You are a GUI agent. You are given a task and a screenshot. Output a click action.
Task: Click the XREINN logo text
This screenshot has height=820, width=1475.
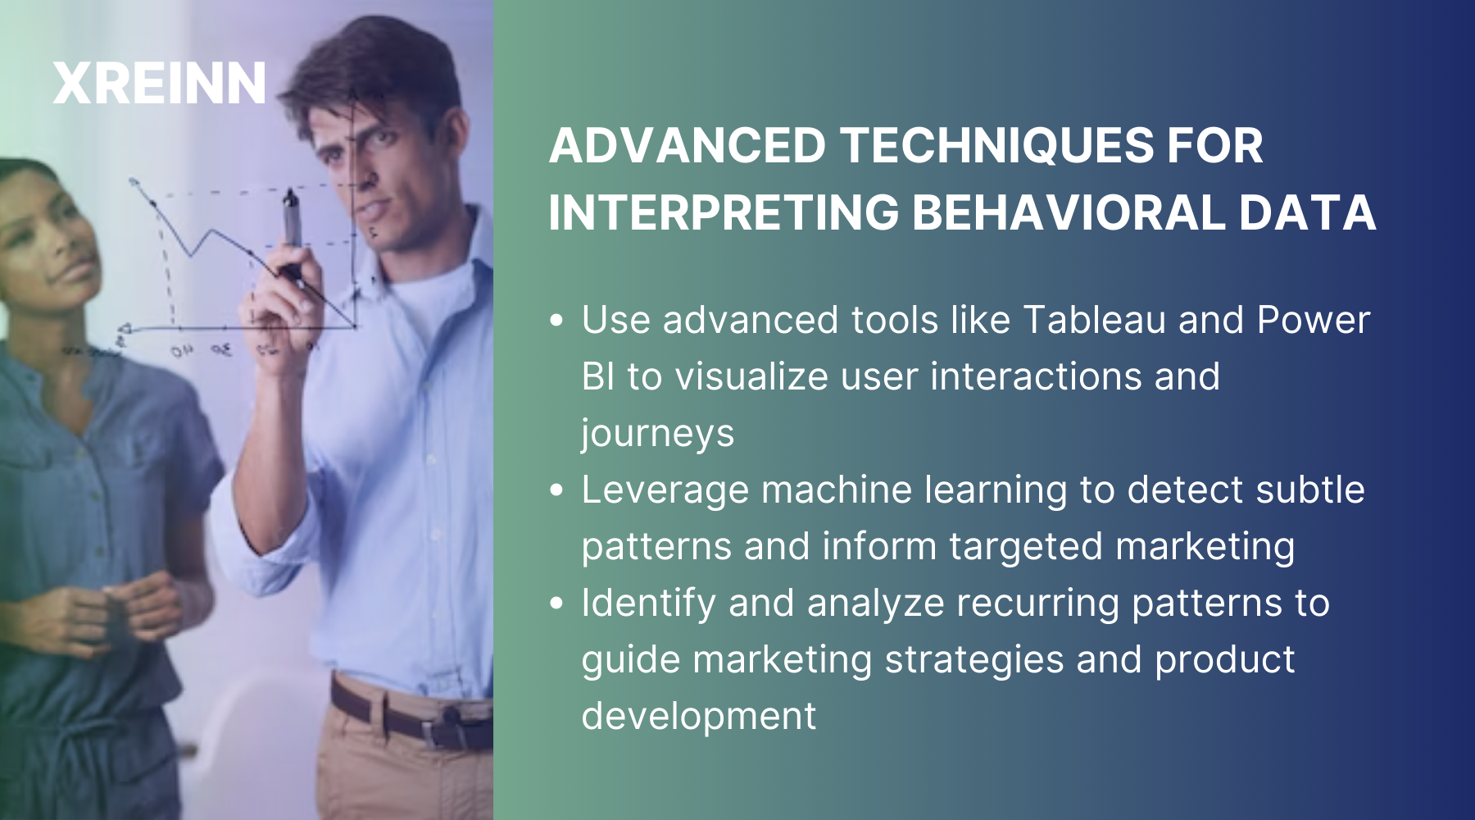159,84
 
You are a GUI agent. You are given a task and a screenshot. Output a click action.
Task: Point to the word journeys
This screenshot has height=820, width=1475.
657,434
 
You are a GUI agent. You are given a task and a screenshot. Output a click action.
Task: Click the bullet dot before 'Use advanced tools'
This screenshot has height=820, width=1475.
557,321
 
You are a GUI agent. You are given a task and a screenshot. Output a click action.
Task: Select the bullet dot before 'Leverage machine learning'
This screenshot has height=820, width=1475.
557,490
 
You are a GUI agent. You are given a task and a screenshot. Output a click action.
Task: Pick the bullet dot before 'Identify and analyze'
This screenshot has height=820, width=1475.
557,604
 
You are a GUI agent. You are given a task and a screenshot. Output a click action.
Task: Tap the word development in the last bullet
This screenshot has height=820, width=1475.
698,716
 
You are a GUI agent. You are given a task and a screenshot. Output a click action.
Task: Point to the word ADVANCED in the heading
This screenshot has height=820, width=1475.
687,146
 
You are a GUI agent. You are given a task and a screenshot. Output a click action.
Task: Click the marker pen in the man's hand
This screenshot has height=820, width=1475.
292,221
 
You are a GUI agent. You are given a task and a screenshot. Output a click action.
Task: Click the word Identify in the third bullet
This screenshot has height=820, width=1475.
648,604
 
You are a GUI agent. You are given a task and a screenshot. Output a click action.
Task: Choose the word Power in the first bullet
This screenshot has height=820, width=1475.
1313,320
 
